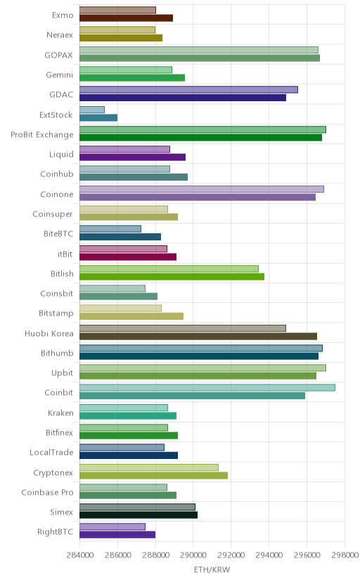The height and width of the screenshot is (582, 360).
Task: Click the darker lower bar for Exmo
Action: point(126,18)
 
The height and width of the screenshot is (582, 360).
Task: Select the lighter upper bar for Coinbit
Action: point(207,387)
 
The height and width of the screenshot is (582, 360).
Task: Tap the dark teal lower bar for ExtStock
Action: point(98,117)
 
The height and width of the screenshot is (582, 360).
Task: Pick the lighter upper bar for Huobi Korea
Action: point(183,328)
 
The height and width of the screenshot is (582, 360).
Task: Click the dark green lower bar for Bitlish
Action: point(172,276)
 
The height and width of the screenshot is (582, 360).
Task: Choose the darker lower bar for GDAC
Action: point(183,98)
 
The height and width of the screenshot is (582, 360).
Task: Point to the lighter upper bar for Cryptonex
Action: point(149,467)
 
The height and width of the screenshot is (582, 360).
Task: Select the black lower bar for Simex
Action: point(139,515)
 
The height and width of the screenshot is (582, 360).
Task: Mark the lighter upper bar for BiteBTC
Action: point(110,228)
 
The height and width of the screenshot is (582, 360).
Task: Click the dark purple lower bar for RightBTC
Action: point(117,534)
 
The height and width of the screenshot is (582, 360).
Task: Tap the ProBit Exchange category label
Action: point(42,135)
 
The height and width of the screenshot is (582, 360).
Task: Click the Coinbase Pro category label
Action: point(47,492)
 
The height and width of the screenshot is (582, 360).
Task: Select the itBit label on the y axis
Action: point(65,254)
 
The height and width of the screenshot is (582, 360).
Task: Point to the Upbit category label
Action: point(62,373)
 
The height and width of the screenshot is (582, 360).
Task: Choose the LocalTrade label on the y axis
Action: point(51,453)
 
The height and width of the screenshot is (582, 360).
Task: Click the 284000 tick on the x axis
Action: point(79,555)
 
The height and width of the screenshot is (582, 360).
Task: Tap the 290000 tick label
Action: point(193,555)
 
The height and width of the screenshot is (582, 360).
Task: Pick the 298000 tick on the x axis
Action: point(345,555)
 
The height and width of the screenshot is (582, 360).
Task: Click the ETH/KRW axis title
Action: point(212,569)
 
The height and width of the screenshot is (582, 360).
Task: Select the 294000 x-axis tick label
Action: point(269,555)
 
